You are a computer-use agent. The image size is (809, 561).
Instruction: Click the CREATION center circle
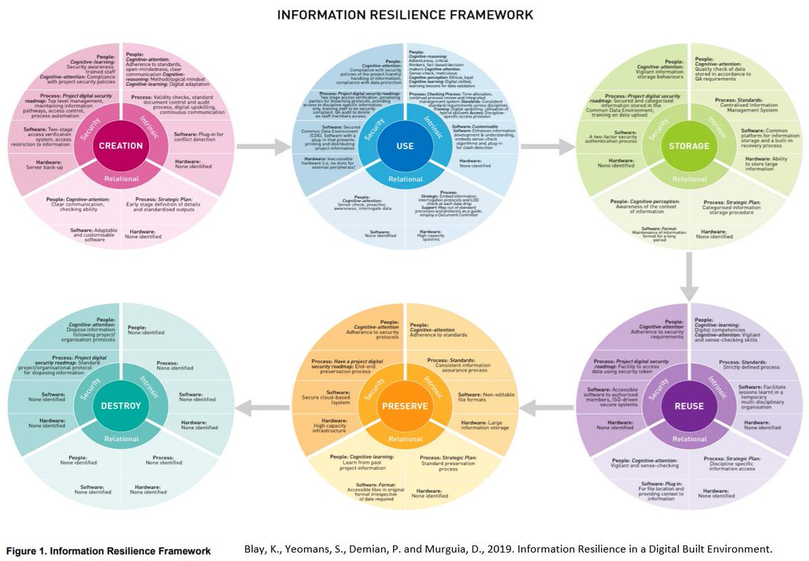click(121, 146)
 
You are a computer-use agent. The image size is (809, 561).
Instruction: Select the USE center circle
click(404, 146)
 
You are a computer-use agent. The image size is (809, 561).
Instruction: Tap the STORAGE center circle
click(688, 146)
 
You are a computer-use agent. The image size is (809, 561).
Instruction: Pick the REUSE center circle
click(688, 406)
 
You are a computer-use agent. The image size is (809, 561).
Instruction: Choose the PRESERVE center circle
click(404, 406)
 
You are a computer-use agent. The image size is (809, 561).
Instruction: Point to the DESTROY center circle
click(121, 406)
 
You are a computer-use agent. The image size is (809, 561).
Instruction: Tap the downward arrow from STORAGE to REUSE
click(689, 276)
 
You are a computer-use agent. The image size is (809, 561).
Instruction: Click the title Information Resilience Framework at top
click(405, 14)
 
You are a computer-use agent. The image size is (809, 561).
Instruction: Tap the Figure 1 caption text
click(109, 551)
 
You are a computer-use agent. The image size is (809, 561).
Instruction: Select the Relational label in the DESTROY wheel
click(121, 439)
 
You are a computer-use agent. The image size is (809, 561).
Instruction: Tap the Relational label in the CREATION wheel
click(121, 179)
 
